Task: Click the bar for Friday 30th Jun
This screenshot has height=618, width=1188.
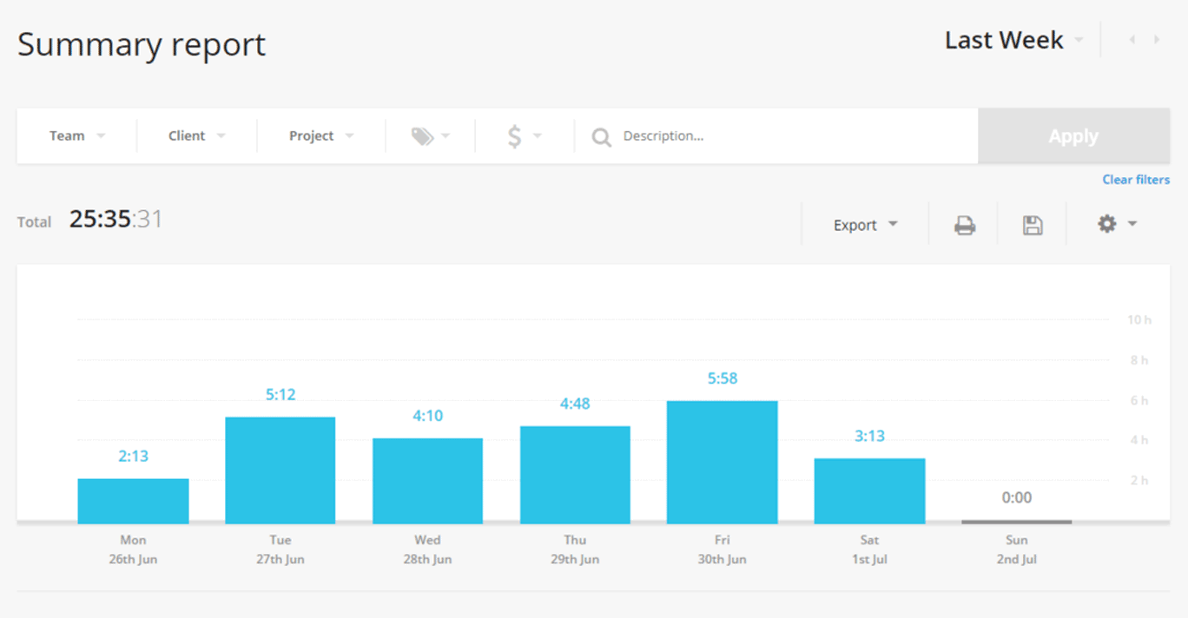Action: click(722, 462)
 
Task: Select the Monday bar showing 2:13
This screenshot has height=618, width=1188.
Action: click(133, 501)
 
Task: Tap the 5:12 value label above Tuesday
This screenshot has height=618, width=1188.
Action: click(280, 395)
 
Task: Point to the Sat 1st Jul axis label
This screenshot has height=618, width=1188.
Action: click(869, 549)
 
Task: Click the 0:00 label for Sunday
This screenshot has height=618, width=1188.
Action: click(1016, 498)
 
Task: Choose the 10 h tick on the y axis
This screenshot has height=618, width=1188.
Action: click(1138, 320)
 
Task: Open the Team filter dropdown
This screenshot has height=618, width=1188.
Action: click(76, 136)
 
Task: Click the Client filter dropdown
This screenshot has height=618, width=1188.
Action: click(196, 136)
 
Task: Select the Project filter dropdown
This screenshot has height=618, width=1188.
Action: click(320, 136)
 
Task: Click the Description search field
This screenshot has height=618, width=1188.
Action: click(782, 136)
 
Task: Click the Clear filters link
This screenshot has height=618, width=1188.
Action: click(1135, 180)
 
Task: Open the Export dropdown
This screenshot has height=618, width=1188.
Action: click(865, 225)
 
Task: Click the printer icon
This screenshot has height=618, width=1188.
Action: click(964, 226)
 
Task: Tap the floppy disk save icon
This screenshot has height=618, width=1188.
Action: click(1032, 226)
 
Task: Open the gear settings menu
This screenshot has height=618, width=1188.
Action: click(1117, 224)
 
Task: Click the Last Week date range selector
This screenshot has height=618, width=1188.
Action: click(1013, 41)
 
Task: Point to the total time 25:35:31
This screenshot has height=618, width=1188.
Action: click(115, 220)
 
